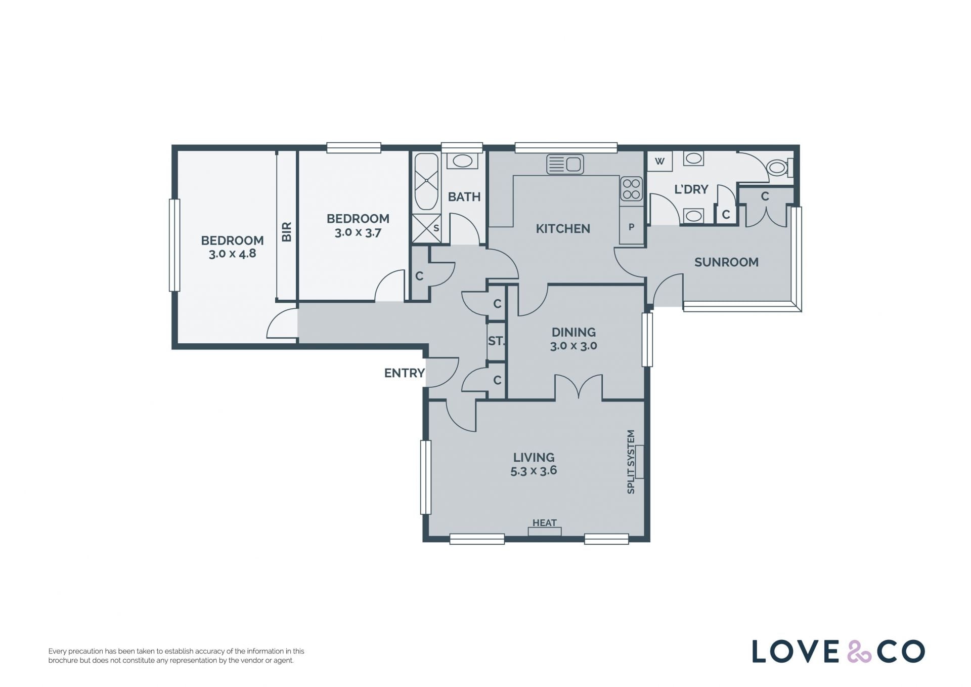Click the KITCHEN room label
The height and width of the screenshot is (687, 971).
coord(563,229)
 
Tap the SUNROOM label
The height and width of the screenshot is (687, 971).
coord(726,262)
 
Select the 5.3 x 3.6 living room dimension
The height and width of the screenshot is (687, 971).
coord(534,471)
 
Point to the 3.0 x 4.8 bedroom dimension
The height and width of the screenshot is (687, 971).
coord(233,254)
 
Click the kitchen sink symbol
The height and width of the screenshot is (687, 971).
coord(565,164)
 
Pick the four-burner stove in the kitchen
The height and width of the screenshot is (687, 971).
coord(632,188)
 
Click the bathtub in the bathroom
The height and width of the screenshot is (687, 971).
coord(426,182)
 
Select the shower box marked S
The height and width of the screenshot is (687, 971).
coord(426,228)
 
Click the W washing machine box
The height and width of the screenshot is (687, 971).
coord(659,161)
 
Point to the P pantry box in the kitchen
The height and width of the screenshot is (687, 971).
coord(631,227)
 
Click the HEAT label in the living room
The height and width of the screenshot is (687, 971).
coord(545,523)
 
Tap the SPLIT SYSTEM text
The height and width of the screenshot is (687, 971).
coord(631,462)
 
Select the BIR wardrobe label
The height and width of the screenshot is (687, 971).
coord(287,232)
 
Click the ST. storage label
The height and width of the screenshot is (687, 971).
coord(496,341)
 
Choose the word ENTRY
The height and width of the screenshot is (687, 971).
coord(405,373)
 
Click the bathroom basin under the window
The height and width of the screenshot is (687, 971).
coord(462,161)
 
